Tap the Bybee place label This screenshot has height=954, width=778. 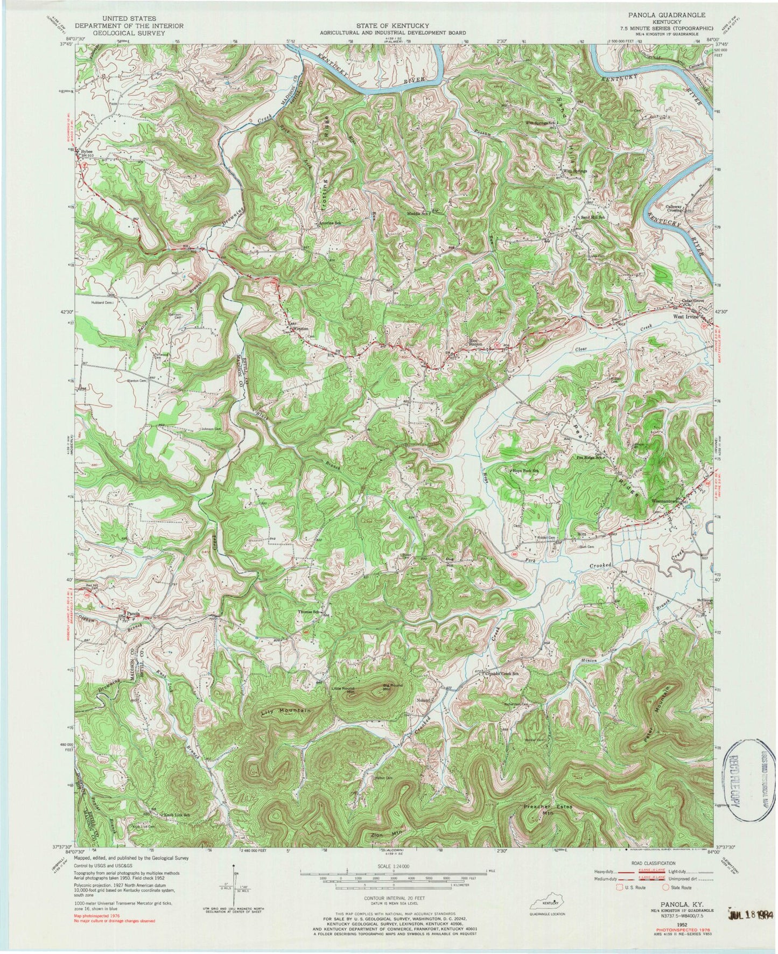(86, 152)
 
